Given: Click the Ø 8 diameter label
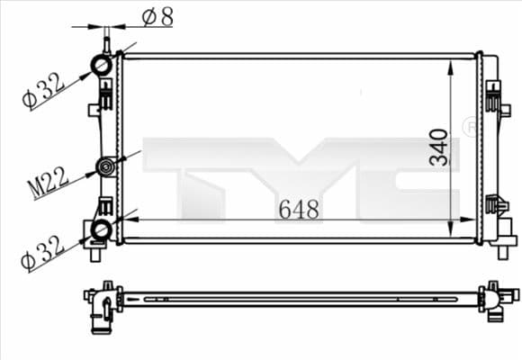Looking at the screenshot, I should [158, 16].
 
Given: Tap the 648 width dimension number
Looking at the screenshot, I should [298, 210].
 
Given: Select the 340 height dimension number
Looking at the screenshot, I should [439, 146].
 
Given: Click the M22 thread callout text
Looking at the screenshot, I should [48, 183].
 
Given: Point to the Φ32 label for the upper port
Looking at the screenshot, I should [42, 90].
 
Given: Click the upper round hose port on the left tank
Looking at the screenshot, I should [102, 67].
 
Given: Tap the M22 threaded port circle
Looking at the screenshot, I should [106, 166].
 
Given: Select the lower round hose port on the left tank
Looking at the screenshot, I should [101, 230].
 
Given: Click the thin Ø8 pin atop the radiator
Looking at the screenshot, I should [107, 40].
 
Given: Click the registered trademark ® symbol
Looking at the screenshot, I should [469, 128].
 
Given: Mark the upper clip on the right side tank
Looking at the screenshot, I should [492, 95].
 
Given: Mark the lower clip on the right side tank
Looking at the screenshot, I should [493, 206].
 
